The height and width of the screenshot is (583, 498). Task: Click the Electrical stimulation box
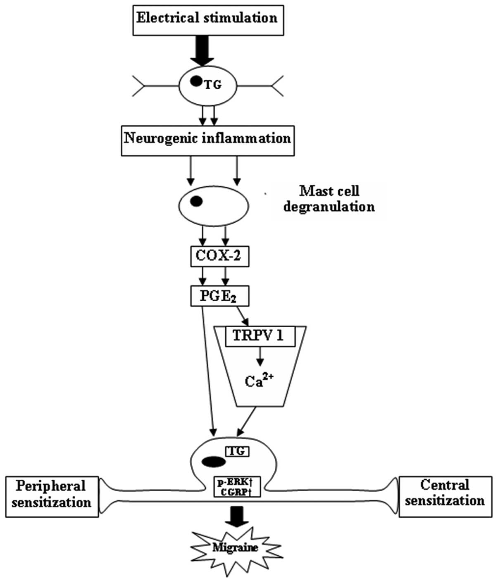[208, 19]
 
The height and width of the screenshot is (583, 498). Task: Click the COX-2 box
[220, 257]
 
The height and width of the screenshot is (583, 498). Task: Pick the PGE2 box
[219, 296]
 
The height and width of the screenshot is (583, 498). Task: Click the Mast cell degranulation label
[329, 199]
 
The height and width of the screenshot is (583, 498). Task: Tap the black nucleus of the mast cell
[196, 201]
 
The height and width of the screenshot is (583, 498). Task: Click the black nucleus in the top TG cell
[196, 81]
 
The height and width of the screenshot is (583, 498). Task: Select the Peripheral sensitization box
[52, 496]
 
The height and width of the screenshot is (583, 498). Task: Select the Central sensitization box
[445, 496]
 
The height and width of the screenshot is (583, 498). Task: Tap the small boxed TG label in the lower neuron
[237, 452]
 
